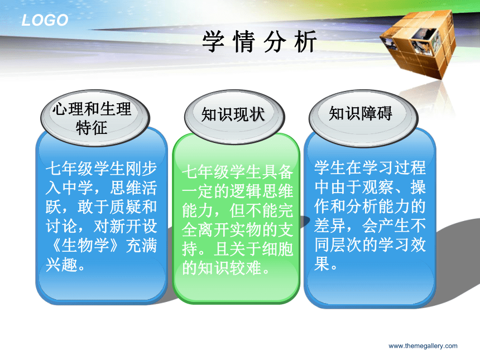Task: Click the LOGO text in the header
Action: click(45, 20)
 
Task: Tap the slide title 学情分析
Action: click(259, 42)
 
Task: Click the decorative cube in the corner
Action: click(418, 44)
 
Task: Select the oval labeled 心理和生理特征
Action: click(95, 118)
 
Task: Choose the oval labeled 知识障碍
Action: click(363, 117)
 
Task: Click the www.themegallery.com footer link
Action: click(423, 346)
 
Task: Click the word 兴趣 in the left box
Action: click(61, 265)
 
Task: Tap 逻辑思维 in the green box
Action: click(261, 191)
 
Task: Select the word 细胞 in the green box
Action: click(277, 248)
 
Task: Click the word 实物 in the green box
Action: click(245, 229)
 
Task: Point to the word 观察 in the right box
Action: click(378, 187)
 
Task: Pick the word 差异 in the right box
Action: click(330, 225)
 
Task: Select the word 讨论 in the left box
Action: click(61, 226)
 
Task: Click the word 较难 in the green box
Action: click(245, 268)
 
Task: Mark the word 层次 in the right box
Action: click(346, 244)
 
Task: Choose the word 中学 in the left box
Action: click(78, 188)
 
